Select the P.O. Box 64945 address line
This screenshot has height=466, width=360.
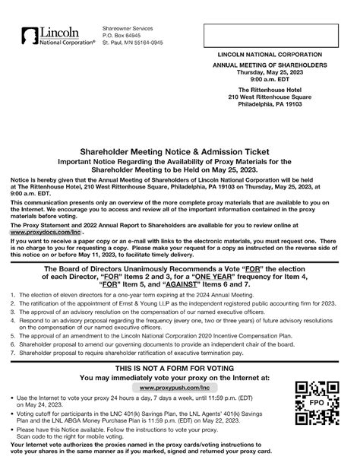coord(122,35)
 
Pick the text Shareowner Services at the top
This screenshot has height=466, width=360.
coord(131,27)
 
